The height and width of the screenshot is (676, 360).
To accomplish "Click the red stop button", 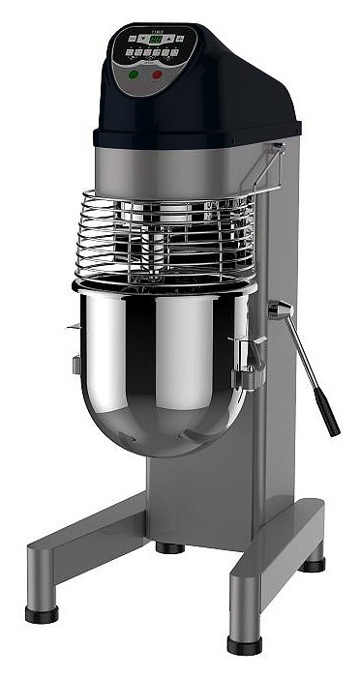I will click(157, 73).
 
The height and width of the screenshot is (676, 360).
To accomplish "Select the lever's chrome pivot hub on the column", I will click(280, 309).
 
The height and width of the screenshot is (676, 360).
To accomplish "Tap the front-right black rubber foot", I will click(244, 643).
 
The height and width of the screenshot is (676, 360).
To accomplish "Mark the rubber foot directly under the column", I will click(170, 547).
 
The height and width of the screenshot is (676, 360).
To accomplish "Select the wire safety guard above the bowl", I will click(165, 237).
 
